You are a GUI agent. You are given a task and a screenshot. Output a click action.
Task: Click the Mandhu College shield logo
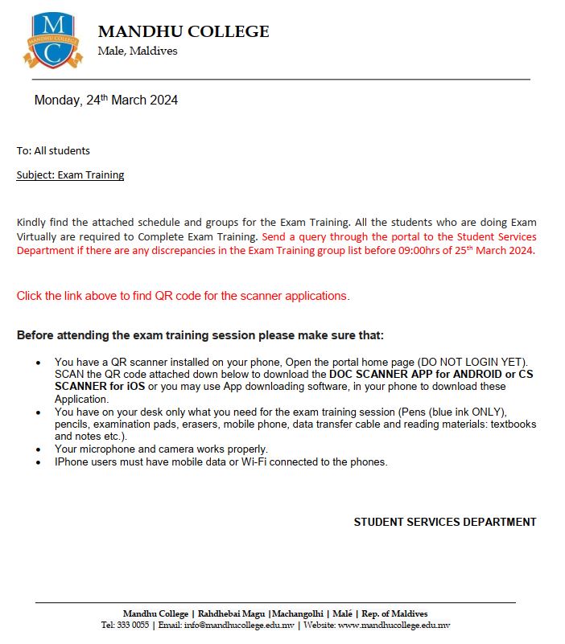click(53, 41)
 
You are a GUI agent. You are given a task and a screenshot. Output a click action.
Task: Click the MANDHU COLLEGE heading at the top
click(184, 32)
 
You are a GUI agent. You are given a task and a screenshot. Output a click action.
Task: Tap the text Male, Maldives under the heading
click(137, 51)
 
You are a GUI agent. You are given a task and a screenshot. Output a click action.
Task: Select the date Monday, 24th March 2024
click(105, 100)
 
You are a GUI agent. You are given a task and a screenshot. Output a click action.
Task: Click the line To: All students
click(53, 150)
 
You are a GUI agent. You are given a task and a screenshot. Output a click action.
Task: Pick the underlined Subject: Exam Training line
click(70, 174)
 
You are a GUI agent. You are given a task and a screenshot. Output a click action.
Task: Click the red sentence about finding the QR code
click(183, 296)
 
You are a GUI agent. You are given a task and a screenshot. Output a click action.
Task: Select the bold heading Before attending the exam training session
click(200, 335)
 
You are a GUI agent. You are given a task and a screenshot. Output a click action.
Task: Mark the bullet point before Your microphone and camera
click(39, 449)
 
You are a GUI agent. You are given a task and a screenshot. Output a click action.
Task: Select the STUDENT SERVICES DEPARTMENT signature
click(444, 522)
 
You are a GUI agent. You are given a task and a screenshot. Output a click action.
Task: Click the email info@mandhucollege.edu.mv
click(239, 625)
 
